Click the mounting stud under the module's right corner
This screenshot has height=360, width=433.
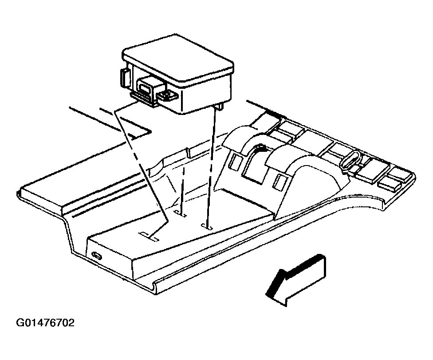[x=219, y=107]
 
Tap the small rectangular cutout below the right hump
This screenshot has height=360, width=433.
[x=279, y=181]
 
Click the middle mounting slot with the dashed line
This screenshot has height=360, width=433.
[x=180, y=214]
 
